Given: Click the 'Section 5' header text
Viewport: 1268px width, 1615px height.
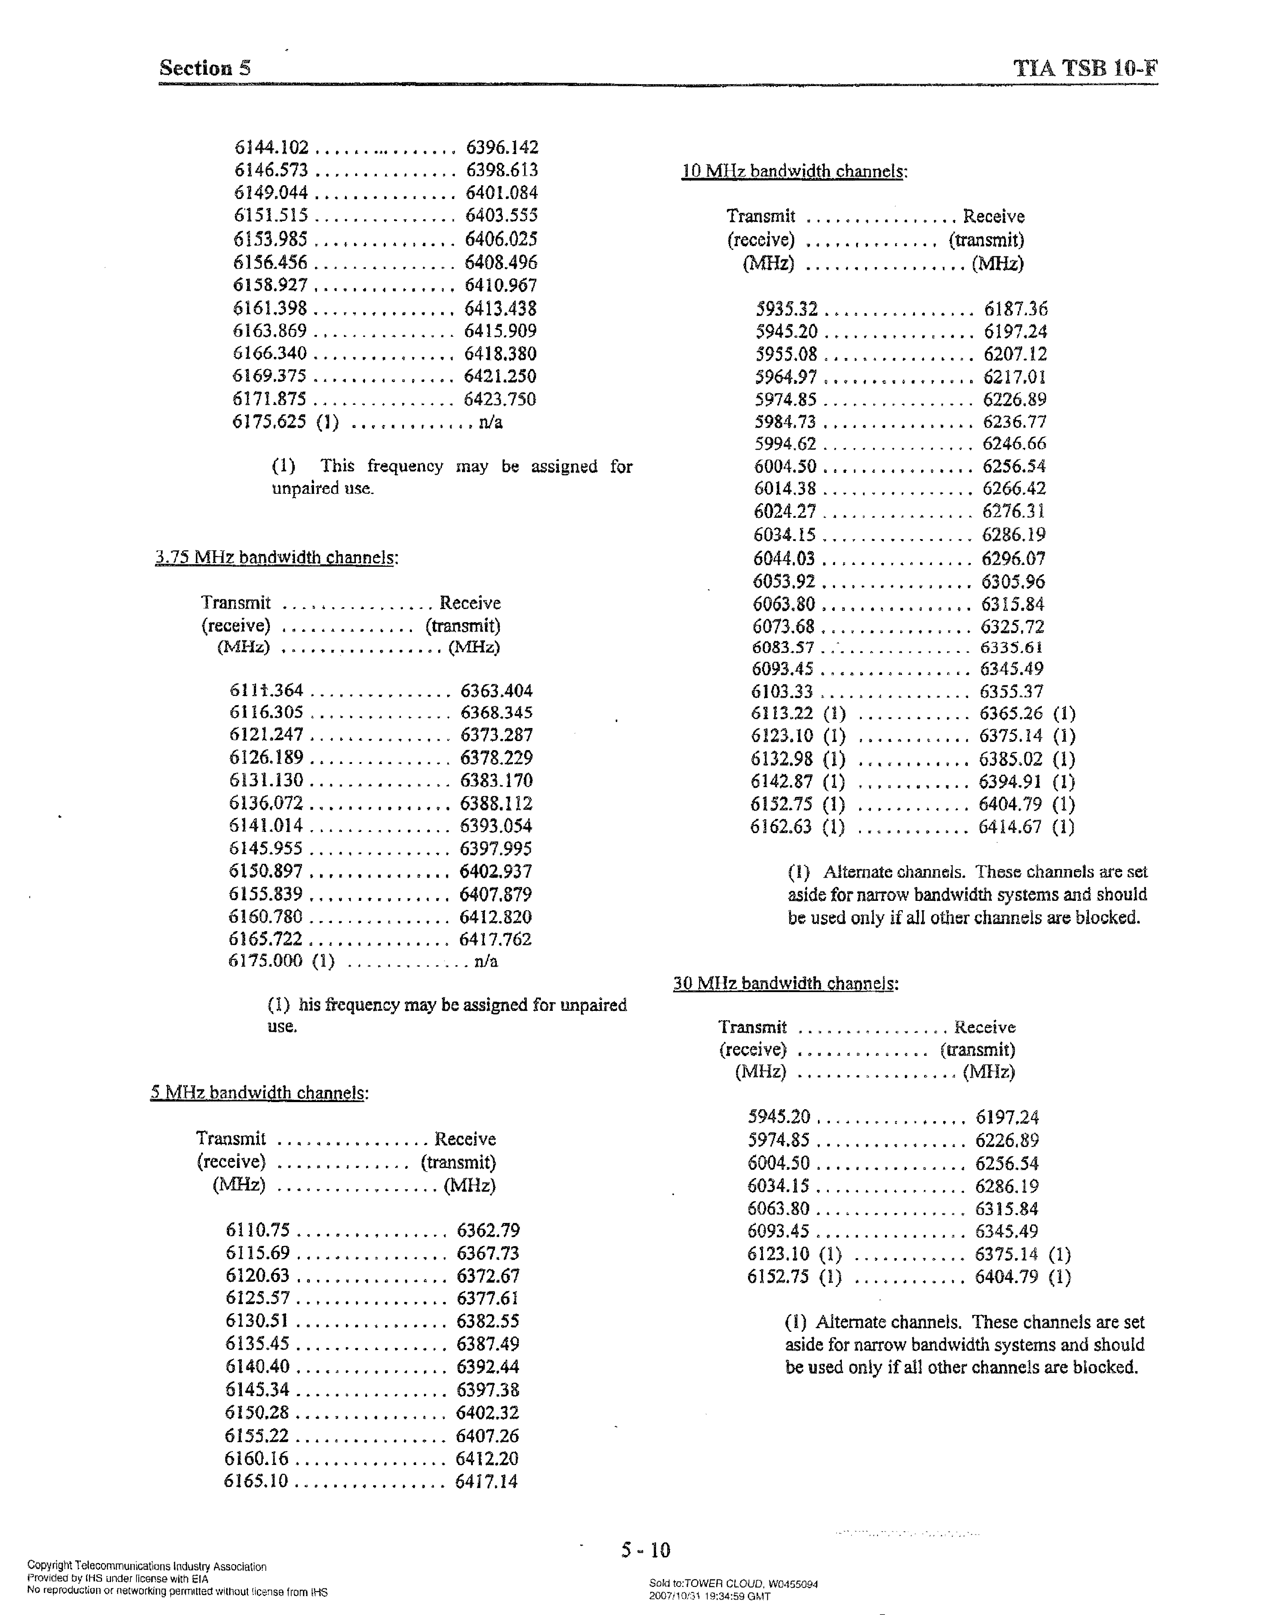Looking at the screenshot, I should [x=205, y=68].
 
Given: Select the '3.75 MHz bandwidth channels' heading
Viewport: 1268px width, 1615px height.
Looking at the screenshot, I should [x=276, y=558].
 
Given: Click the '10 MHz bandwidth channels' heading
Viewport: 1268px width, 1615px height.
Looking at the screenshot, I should [x=794, y=172].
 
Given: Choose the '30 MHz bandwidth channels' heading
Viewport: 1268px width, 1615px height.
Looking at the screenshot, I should [x=785, y=984].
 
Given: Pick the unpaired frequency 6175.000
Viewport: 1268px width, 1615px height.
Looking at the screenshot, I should [x=265, y=961].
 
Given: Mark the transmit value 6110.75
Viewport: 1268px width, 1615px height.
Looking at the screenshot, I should [x=258, y=1230].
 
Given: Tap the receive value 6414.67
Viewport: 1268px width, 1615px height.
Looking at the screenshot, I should [x=1010, y=827].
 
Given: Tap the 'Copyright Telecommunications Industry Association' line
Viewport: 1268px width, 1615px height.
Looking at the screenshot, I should [x=147, y=1567].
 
